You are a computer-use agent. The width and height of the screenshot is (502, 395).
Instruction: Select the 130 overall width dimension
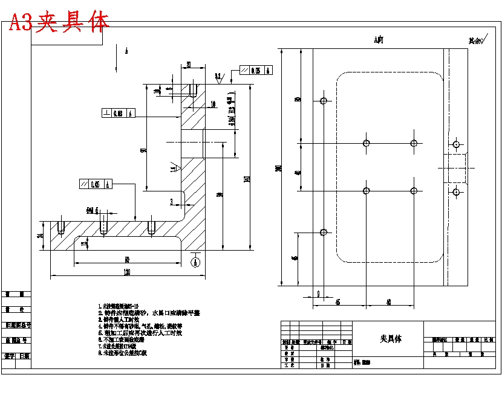pos(127,272)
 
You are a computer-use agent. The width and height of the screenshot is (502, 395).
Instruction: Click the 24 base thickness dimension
pos(41,236)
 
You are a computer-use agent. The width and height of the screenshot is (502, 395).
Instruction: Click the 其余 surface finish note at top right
pos(478,41)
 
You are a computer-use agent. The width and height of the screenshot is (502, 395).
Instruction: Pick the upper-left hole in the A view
pos(324,100)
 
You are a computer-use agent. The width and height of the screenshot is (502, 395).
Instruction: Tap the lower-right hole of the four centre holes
pos(414,191)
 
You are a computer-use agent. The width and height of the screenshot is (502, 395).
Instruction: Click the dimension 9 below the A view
pos(318,294)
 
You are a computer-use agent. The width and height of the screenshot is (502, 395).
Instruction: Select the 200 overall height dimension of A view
pos(279,169)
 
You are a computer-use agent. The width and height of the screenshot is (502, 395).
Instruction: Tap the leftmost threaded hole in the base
pos(61,227)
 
